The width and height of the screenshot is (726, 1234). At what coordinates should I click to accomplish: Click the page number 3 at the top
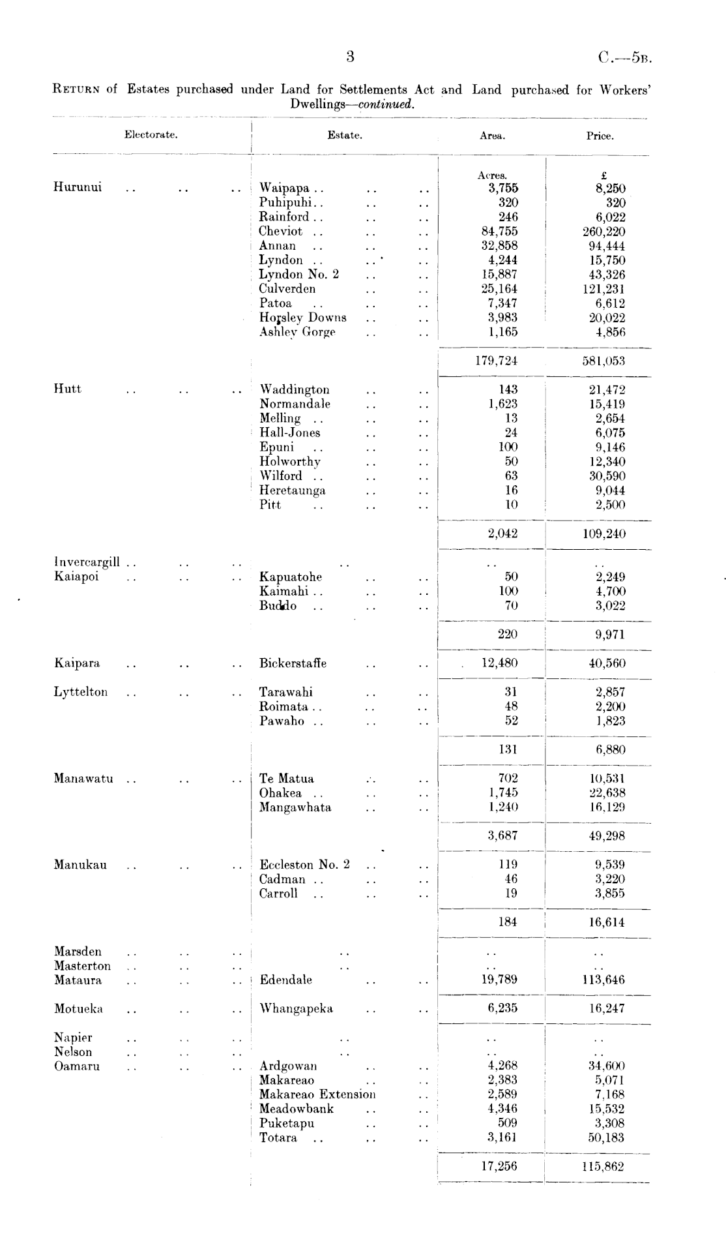(350, 57)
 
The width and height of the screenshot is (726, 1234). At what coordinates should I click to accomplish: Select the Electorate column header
(151, 135)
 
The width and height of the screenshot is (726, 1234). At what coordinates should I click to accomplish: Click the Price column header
(600, 136)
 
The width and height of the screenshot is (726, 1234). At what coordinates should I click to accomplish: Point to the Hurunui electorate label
(78, 188)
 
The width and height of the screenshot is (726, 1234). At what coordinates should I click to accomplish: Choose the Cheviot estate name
(281, 232)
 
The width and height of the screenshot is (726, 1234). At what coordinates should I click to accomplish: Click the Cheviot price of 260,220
(603, 232)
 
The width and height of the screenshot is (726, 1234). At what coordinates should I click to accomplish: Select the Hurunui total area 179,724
(496, 361)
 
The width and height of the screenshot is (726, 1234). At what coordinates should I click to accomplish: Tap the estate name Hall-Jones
(290, 433)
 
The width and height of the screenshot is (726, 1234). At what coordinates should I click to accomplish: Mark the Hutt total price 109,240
(603, 534)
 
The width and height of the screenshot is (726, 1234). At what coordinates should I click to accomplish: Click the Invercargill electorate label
(87, 562)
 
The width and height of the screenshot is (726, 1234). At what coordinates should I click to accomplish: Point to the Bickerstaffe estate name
(293, 663)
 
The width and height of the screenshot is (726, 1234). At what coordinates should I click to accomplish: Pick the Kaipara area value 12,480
(499, 663)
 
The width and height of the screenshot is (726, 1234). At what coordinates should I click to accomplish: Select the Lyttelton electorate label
(81, 692)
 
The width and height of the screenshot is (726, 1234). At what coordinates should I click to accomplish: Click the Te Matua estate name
(287, 779)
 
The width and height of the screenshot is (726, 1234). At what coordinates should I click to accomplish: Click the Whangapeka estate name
(297, 1009)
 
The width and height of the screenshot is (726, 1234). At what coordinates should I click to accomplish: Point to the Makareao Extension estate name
(317, 1094)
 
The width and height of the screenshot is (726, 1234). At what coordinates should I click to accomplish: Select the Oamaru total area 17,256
(499, 1166)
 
